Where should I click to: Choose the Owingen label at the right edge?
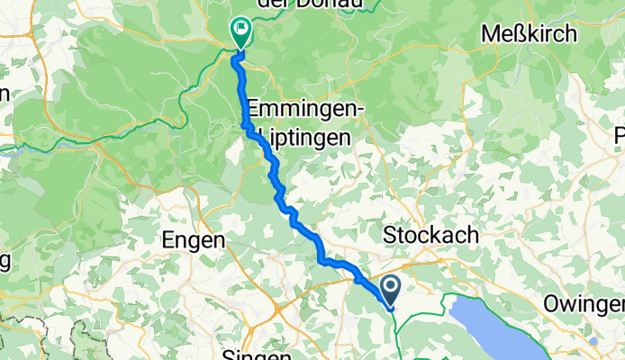[584, 304]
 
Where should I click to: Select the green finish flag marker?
[240, 31]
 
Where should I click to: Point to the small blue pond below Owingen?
[593, 341]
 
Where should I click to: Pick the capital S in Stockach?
[390, 235]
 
